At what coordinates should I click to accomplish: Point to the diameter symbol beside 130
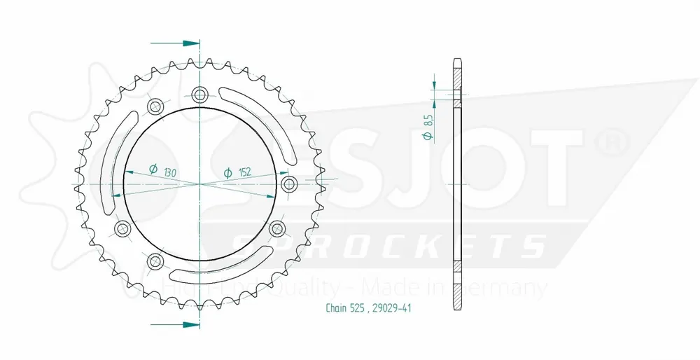point(153,168)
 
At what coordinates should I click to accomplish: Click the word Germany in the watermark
point(507,288)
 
